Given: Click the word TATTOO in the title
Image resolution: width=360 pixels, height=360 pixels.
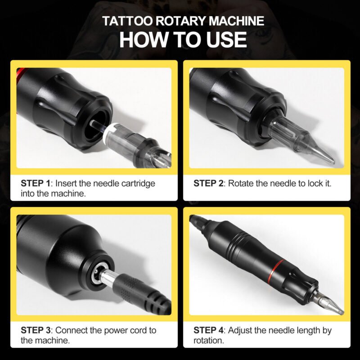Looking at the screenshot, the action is (x=127, y=21).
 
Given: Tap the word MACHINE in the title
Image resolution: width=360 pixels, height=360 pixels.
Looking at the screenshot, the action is (x=237, y=21).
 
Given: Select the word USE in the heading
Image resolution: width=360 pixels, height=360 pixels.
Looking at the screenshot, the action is (x=226, y=40).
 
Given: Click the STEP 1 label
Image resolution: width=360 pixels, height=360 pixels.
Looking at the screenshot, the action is (x=36, y=184).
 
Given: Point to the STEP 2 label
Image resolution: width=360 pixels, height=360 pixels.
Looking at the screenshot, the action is (x=208, y=184).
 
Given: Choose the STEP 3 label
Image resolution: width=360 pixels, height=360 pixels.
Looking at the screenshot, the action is (x=36, y=330).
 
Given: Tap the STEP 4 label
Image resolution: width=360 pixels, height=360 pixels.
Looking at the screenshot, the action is (x=208, y=330).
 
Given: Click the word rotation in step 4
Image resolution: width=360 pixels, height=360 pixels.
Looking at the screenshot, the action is (x=208, y=341).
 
